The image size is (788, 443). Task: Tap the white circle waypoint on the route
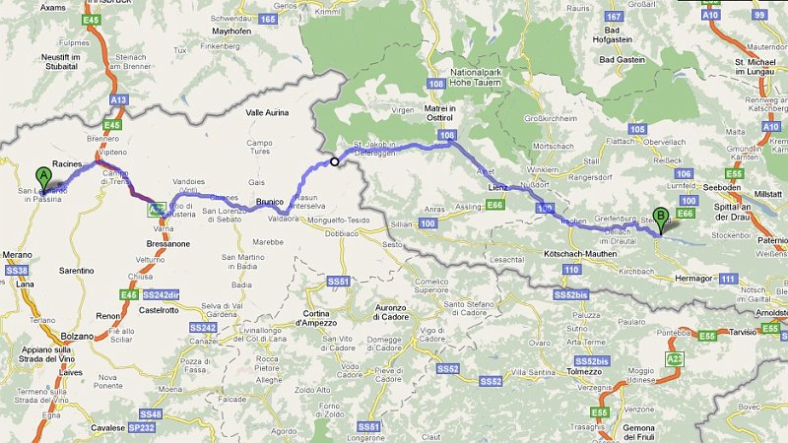tap(335, 162)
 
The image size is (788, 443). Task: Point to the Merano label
tap(19, 255)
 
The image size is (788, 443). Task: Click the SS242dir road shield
tap(162, 293)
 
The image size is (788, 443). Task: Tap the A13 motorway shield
tap(119, 99)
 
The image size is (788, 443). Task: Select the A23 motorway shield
tap(675, 360)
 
